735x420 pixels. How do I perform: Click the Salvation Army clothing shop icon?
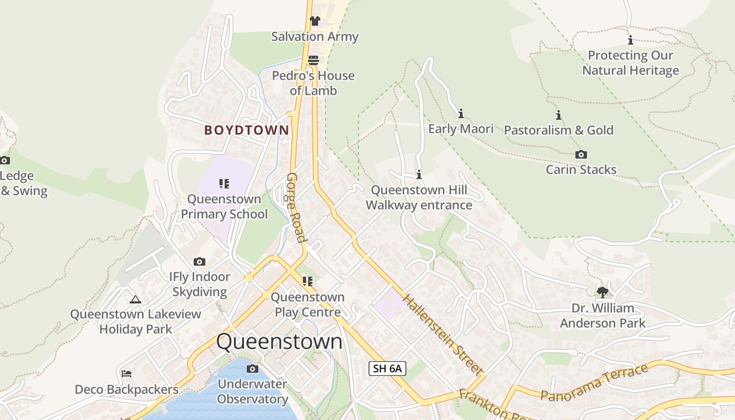point(314,21)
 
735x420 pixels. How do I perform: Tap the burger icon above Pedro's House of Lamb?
point(313,60)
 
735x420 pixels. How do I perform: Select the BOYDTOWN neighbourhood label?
point(246,130)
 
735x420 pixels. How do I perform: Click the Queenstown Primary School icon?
point(224,184)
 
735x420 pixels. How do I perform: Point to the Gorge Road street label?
point(295,207)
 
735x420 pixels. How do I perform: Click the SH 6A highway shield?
point(387,369)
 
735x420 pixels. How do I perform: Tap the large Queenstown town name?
point(279,342)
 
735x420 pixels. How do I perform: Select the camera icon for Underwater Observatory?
point(253,369)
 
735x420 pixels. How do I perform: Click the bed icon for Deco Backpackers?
point(127,374)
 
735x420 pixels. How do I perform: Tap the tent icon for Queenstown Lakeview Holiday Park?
point(135,299)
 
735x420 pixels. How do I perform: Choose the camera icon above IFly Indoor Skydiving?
point(199,261)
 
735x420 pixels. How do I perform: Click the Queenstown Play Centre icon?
point(308,281)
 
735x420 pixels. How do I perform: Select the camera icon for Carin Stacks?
point(581,154)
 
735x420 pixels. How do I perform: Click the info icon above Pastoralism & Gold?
point(559,115)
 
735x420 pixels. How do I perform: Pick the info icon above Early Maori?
point(461,113)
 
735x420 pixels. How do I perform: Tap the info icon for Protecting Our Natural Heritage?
point(631,40)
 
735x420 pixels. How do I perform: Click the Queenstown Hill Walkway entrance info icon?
point(419,174)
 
